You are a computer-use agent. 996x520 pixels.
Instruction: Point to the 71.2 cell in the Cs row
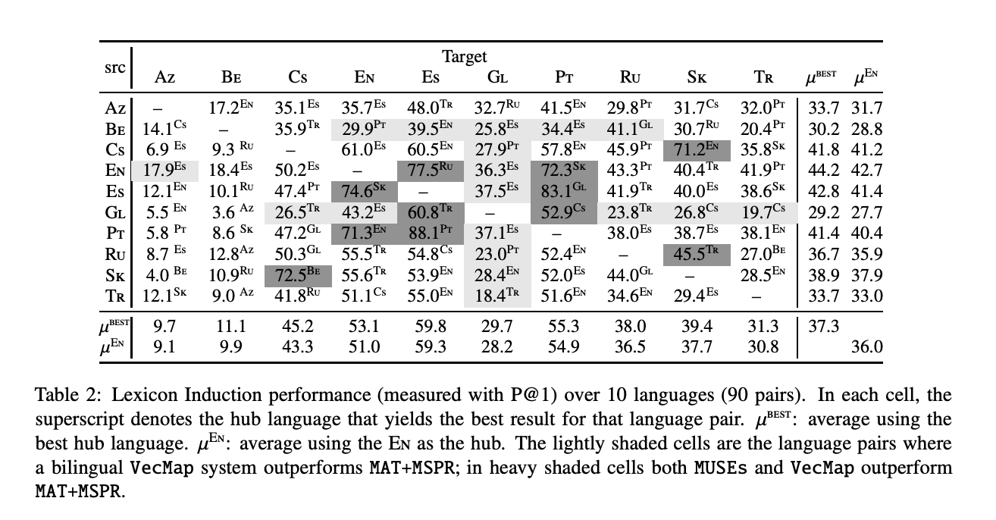point(697,149)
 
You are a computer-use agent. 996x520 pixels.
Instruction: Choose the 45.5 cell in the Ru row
point(697,254)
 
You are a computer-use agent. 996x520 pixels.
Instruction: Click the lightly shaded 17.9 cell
point(164,171)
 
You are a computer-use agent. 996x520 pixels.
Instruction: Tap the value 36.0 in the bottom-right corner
point(868,346)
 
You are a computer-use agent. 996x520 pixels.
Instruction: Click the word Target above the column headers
point(464,57)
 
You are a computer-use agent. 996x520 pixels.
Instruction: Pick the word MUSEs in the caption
point(720,468)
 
